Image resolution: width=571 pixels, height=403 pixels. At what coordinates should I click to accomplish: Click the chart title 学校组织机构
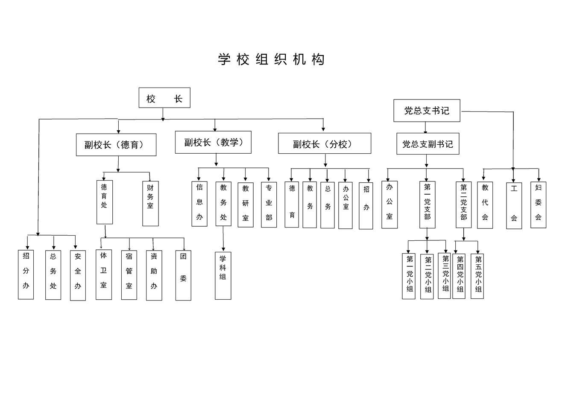(271, 59)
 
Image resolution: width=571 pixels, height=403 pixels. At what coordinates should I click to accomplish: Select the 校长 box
(164, 98)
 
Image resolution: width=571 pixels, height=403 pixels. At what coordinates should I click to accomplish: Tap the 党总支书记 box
(427, 111)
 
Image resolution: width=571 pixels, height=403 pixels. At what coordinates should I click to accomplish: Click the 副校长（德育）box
(116, 145)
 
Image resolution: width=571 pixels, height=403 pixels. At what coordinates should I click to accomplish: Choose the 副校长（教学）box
(213, 142)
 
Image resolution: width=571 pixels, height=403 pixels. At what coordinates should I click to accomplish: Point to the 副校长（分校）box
(325, 143)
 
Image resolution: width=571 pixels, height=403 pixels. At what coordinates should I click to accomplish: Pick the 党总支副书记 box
(428, 144)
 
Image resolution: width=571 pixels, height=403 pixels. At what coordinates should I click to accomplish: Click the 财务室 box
(150, 204)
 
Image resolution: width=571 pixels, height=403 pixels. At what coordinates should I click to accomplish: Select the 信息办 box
(199, 204)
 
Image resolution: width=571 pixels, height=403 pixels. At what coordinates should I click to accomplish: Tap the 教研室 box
(246, 205)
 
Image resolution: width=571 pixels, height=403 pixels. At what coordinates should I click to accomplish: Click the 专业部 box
(269, 204)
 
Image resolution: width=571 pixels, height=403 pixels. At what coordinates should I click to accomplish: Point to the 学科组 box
(223, 276)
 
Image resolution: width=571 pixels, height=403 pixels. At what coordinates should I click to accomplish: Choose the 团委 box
(183, 275)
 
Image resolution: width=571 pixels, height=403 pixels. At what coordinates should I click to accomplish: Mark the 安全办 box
(78, 275)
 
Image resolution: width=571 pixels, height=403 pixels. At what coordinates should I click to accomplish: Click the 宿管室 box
(129, 275)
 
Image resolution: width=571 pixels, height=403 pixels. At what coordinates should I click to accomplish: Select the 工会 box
(514, 206)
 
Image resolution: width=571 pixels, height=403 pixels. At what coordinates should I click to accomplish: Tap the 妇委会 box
(539, 205)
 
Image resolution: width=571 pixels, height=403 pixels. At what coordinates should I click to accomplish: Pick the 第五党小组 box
(477, 276)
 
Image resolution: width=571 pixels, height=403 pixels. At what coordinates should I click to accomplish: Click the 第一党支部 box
(428, 204)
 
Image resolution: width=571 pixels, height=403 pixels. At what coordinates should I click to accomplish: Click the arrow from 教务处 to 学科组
(223, 239)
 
